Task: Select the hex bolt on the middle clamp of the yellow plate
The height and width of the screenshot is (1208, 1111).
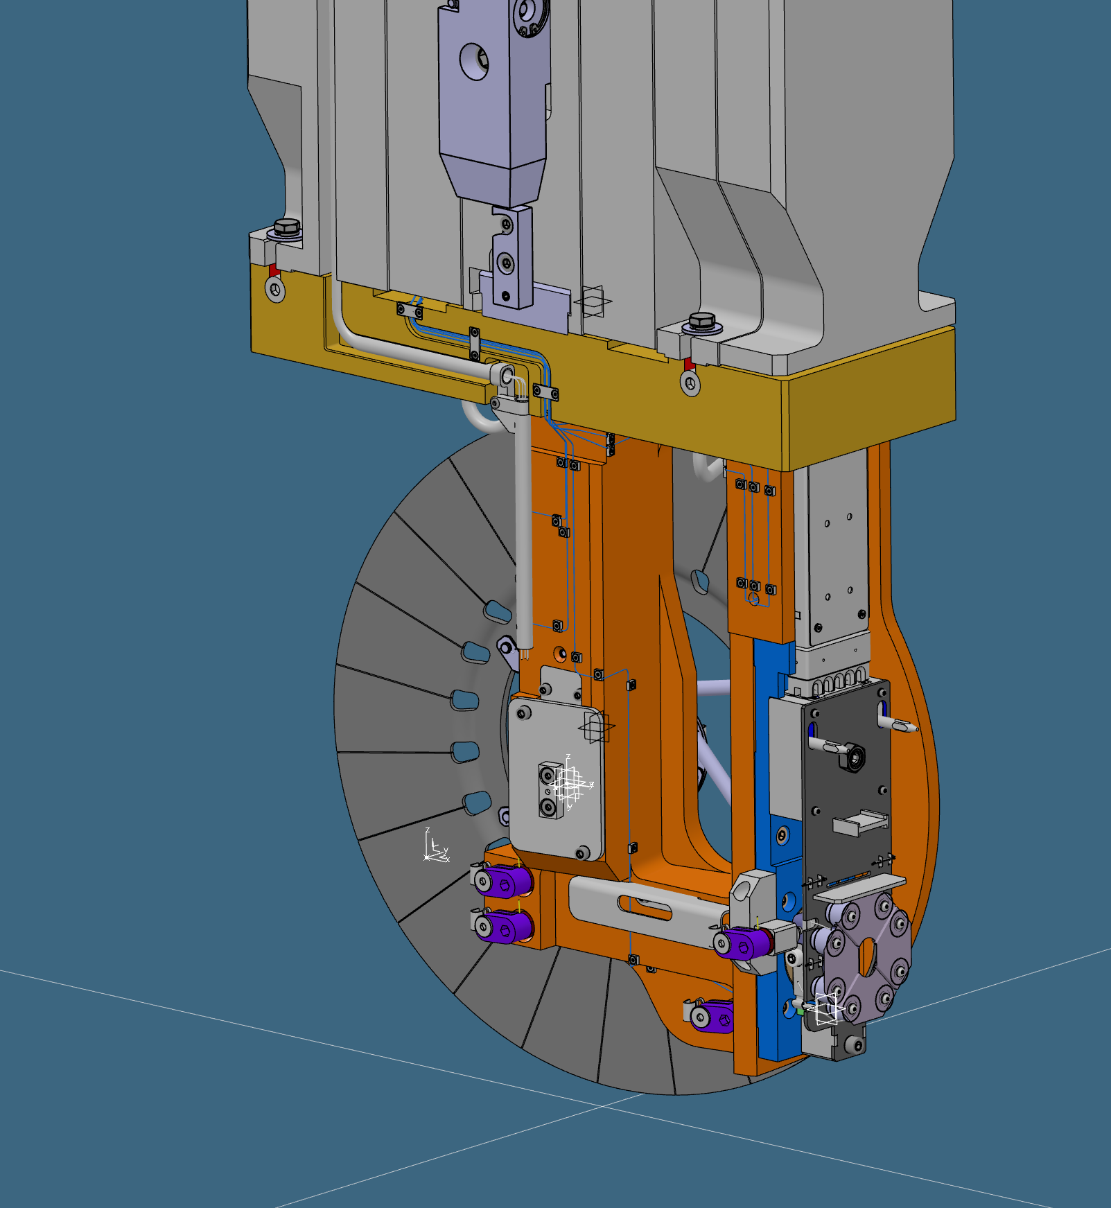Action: [x=702, y=321]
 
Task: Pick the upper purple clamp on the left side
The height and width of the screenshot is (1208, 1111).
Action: [x=506, y=882]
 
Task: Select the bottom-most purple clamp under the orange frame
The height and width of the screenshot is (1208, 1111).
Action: [x=712, y=1017]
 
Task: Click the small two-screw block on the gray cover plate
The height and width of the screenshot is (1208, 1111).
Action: [x=550, y=790]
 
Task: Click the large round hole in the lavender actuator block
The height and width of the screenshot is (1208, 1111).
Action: [x=475, y=62]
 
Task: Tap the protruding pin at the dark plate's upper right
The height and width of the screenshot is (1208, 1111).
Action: [x=900, y=726]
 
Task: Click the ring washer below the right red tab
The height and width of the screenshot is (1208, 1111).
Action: [x=690, y=383]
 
